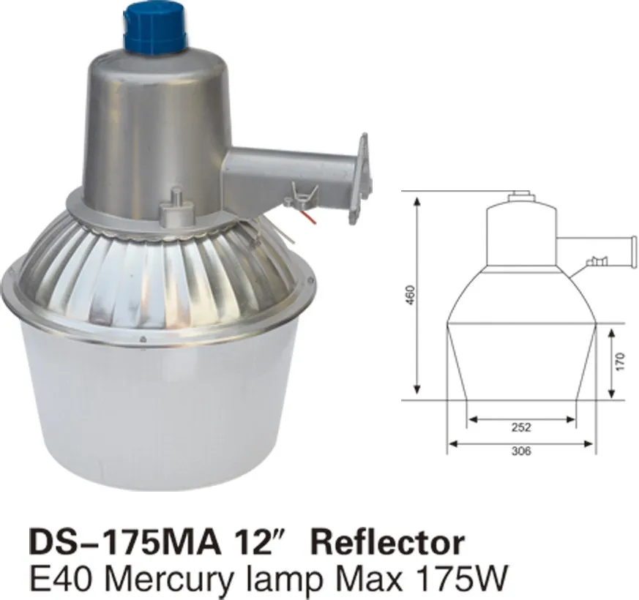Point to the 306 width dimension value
point(522,451)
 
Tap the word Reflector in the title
point(388,544)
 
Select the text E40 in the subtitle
point(55,578)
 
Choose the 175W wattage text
point(458,578)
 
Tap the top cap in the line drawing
point(520,195)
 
